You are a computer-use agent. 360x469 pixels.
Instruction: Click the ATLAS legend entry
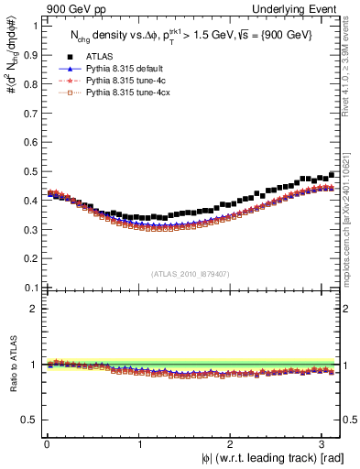(100, 57)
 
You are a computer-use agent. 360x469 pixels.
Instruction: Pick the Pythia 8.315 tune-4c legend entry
(123, 82)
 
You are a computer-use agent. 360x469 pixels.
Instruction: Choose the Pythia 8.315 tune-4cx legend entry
(125, 93)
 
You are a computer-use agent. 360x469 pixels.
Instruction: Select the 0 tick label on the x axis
(47, 443)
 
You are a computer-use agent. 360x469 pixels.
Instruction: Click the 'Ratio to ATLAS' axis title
(12, 367)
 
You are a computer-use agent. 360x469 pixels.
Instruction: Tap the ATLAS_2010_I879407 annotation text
(190, 273)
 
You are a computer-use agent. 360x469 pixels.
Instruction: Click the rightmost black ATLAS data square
(332, 173)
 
